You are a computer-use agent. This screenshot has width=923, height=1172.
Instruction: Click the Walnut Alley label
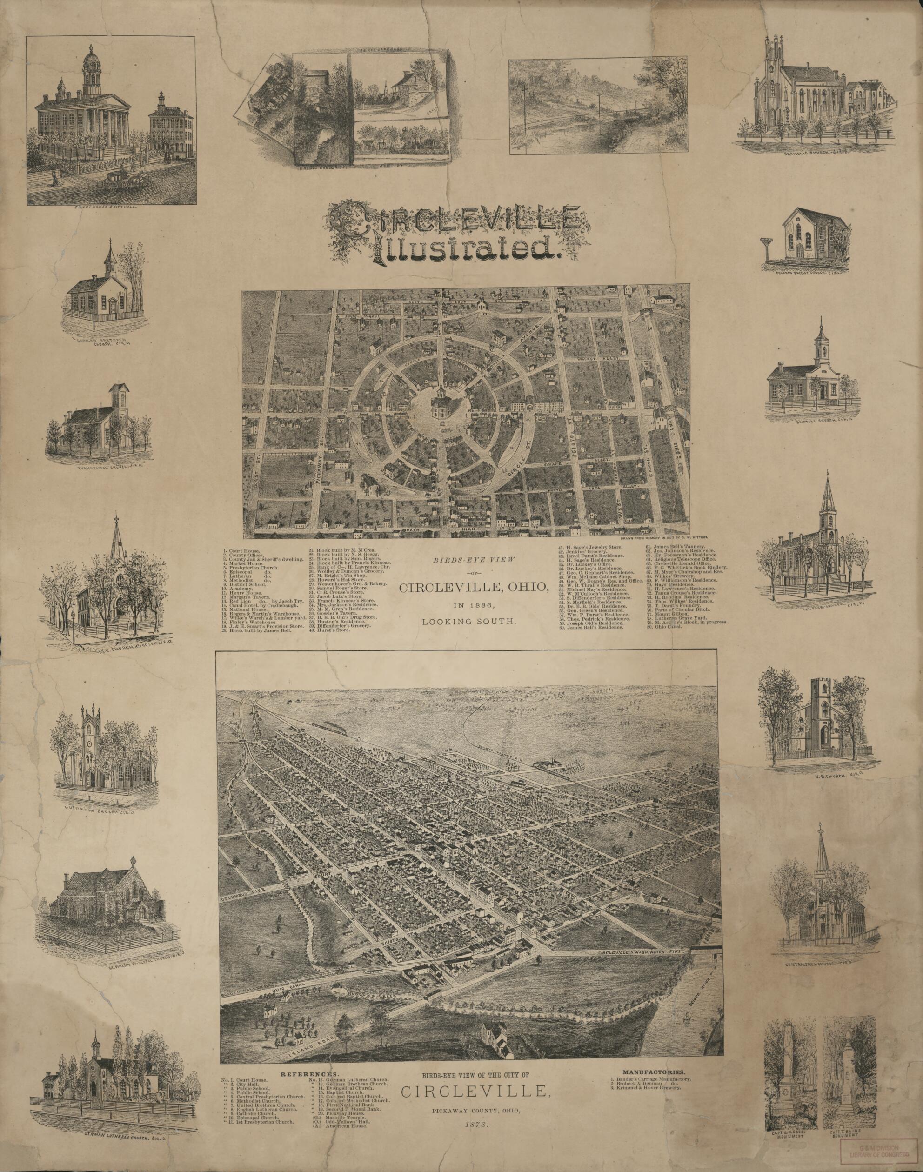click(608, 358)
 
